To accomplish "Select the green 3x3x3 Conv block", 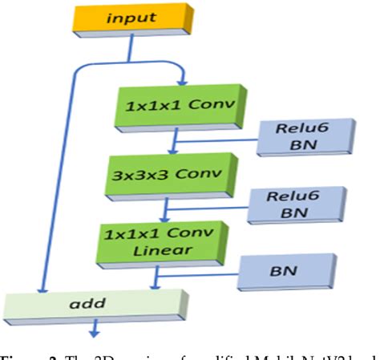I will click(166, 174).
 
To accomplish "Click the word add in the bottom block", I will click(90, 305).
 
